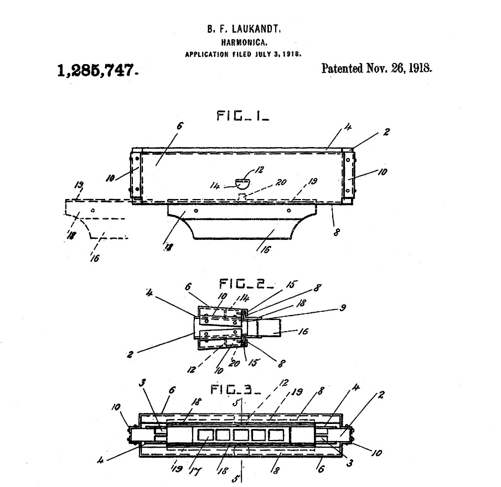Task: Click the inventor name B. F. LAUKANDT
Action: click(244, 29)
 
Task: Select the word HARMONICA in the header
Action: click(244, 43)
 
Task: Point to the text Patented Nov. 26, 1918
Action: click(376, 69)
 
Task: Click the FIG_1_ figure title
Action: click(243, 116)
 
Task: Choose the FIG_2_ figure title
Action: click(246, 284)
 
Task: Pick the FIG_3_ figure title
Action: click(236, 390)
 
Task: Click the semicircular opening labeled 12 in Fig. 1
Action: click(243, 184)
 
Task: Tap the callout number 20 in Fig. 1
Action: click(281, 182)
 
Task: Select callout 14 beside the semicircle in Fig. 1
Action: click(215, 185)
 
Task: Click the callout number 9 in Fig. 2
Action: click(343, 308)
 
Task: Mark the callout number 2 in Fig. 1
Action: click(386, 132)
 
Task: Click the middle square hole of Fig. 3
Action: click(240, 435)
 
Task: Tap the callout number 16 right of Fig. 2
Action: click(303, 331)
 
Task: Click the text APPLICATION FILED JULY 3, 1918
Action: click(243, 54)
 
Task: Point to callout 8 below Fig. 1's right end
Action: click(336, 232)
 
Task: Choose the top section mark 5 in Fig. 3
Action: click(235, 403)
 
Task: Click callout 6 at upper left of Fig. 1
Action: click(179, 125)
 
